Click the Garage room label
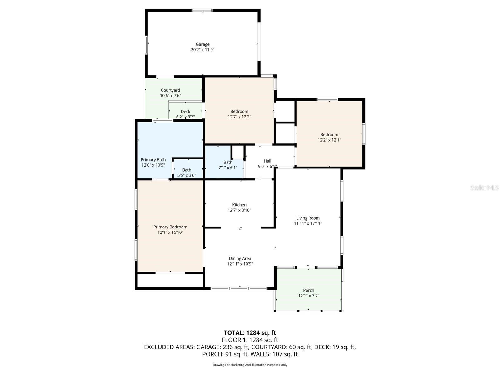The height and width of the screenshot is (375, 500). click(202, 44)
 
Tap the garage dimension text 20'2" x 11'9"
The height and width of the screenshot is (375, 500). click(202, 50)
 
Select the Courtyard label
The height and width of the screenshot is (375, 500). click(170, 90)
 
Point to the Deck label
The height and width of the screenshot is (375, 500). click(185, 112)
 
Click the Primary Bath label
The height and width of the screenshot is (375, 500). click(153, 160)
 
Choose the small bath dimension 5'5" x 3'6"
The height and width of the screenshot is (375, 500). click(187, 175)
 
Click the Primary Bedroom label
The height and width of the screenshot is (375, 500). click(170, 227)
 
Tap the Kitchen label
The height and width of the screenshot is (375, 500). click(239, 205)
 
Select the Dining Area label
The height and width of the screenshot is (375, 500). click(240, 259)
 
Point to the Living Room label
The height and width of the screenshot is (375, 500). click(308, 218)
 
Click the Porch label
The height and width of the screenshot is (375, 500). click(308, 290)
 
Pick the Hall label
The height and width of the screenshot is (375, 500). click(267, 161)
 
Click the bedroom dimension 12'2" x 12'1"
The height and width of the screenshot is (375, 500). click(329, 140)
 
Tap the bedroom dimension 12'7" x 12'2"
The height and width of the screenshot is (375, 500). click(239, 117)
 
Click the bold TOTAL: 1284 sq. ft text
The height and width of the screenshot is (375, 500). click(250, 333)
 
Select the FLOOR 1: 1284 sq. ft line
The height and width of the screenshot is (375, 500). click(250, 340)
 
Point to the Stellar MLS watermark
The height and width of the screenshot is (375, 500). click(484, 187)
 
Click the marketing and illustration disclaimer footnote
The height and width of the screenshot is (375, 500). click(250, 365)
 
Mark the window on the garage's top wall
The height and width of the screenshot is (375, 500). click(202, 10)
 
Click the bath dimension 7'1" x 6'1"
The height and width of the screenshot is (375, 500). click(228, 167)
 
